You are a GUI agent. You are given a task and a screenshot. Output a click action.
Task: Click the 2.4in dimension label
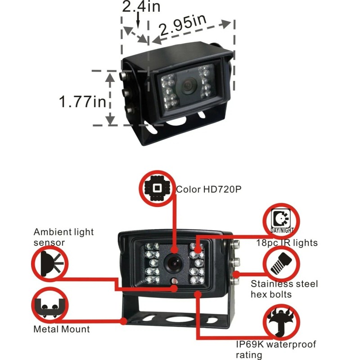coord(141,7)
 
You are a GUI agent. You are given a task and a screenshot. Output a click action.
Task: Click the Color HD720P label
coord(208,189)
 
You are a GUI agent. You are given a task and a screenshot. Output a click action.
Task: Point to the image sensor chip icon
coord(157,188)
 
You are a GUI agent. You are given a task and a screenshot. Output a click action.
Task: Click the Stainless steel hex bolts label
coord(284,289)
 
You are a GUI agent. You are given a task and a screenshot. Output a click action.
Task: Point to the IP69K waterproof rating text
coord(276,350)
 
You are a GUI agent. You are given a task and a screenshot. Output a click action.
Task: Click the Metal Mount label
coord(62,329)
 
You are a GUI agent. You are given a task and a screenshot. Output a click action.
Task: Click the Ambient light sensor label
coord(63,237)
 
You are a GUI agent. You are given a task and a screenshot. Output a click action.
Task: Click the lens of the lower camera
coord(172,262)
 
